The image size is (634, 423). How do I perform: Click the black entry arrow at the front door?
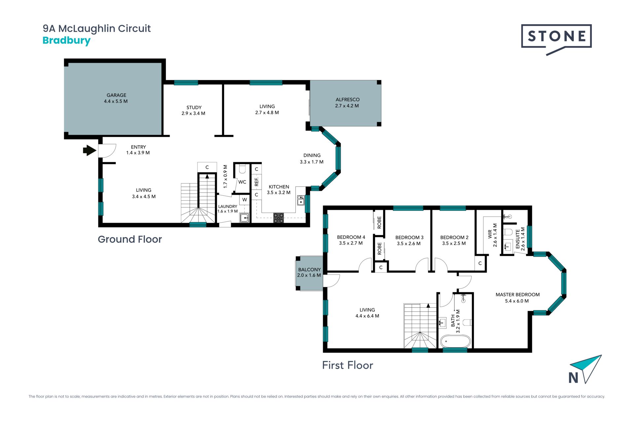pyautogui.click(x=89, y=150)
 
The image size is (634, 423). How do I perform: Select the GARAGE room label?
pyautogui.click(x=116, y=95)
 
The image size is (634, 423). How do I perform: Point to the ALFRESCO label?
pyautogui.click(x=347, y=99)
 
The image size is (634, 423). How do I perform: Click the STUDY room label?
pyautogui.click(x=194, y=107)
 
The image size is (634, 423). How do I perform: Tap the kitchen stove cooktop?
pyautogui.click(x=278, y=218)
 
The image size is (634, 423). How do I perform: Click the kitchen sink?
pyautogui.click(x=301, y=200)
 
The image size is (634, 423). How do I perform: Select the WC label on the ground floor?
pyautogui.click(x=242, y=182)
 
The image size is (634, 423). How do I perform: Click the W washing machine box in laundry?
pyautogui.click(x=244, y=200)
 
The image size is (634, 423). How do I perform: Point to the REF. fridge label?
pyautogui.click(x=257, y=182)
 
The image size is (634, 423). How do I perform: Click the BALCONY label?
pyautogui.click(x=309, y=270)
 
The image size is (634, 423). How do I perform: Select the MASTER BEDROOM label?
pyautogui.click(x=517, y=295)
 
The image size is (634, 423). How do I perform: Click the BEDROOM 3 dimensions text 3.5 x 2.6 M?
pyautogui.click(x=409, y=244)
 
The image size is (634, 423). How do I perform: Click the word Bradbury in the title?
pyautogui.click(x=66, y=41)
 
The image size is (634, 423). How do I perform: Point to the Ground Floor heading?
pyautogui.click(x=130, y=239)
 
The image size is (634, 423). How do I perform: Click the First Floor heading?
pyautogui.click(x=348, y=365)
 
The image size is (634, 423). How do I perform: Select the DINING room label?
pyautogui.click(x=312, y=155)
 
